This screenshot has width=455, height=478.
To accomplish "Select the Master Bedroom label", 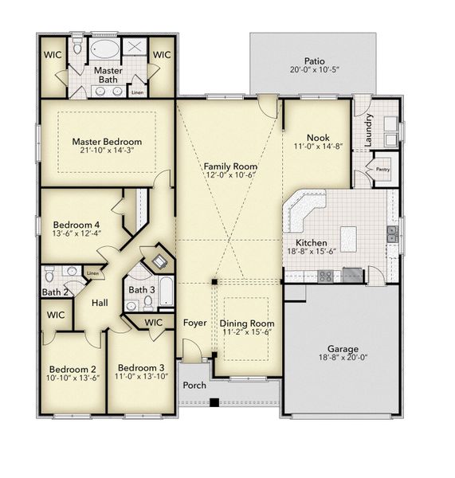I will (x=106, y=141).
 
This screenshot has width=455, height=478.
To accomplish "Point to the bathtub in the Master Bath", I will (x=104, y=50).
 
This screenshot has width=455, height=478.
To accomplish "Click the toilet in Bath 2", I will (x=49, y=276).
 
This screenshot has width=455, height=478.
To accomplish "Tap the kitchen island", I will (x=348, y=237).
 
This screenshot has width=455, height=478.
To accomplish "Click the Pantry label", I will (x=382, y=169).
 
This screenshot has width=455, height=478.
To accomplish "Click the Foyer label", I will (x=194, y=323).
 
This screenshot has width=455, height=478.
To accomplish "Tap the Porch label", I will (x=194, y=385).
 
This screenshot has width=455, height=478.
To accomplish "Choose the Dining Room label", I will (x=246, y=323).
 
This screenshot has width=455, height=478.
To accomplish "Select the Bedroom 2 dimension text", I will (x=73, y=378).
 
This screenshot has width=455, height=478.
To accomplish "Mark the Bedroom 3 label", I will (x=140, y=367).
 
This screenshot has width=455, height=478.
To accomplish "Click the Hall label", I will (x=100, y=303).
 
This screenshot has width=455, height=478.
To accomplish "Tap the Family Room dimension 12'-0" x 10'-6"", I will (x=229, y=175).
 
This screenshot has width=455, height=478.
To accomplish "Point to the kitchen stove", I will (x=326, y=276).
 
